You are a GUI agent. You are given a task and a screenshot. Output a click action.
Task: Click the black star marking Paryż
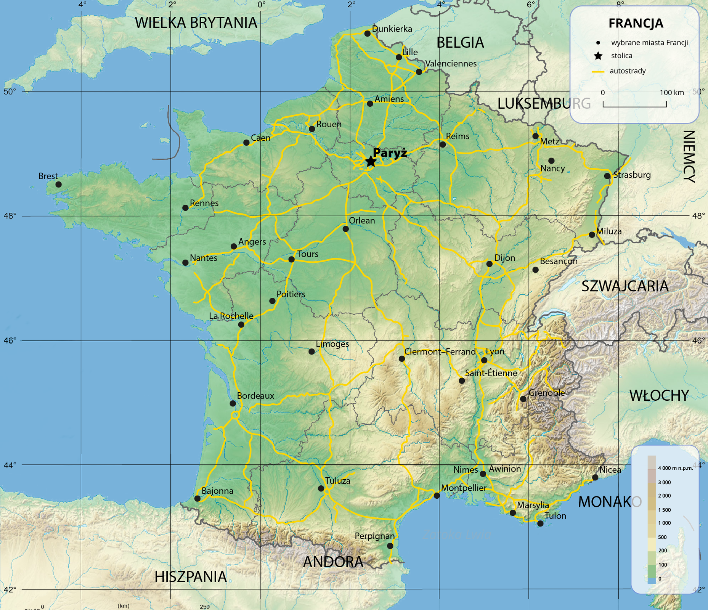click(371, 161)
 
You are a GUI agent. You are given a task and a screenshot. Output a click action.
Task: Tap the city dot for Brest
click(58, 185)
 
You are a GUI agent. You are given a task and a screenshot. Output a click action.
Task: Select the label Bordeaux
click(255, 396)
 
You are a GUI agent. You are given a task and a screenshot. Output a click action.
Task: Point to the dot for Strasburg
click(607, 176)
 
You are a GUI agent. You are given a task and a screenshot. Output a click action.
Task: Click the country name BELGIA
click(460, 43)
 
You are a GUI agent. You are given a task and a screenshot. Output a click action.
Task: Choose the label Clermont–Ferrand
click(440, 352)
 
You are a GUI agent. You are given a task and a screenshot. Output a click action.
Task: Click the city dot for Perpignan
click(390, 546)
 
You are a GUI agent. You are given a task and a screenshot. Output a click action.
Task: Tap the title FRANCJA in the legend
click(636, 23)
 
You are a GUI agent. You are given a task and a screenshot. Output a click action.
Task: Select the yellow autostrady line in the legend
click(598, 71)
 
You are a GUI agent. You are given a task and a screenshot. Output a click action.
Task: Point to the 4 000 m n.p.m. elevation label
click(676, 468)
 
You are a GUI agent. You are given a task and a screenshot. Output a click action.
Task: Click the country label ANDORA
click(333, 562)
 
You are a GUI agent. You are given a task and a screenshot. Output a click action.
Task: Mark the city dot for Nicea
click(595, 477)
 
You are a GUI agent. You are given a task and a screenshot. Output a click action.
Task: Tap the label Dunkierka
click(392, 29)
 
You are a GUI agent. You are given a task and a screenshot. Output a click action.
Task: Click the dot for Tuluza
click(321, 488)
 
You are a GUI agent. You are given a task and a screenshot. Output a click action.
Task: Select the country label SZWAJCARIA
click(625, 286)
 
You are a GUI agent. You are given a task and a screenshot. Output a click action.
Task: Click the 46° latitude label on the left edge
click(10, 340)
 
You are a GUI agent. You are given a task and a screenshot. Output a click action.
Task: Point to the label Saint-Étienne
click(491, 373)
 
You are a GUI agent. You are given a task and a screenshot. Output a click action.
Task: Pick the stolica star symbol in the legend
click(598, 56)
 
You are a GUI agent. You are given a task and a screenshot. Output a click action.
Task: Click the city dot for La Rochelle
click(241, 324)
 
